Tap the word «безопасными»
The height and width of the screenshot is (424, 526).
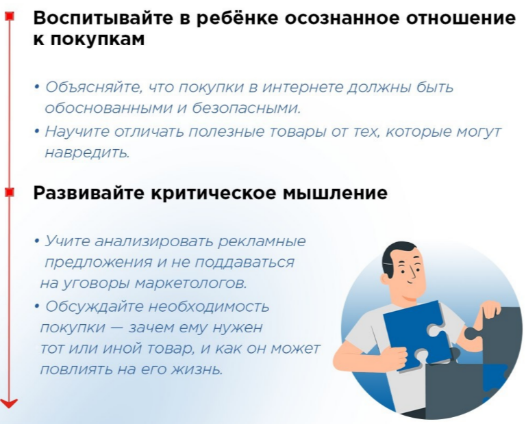tap(247, 108)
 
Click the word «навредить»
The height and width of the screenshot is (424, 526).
tap(87, 153)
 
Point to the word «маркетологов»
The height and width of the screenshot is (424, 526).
tap(190, 283)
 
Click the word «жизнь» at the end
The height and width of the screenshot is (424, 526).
tap(197, 369)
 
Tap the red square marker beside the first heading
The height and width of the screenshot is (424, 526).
tap(10, 16)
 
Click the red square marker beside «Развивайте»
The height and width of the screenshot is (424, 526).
tap(10, 192)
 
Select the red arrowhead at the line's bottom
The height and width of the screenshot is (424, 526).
tap(9, 403)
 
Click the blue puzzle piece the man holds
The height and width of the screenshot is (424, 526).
tap(416, 335)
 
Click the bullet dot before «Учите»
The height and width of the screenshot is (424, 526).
tap(36, 241)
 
